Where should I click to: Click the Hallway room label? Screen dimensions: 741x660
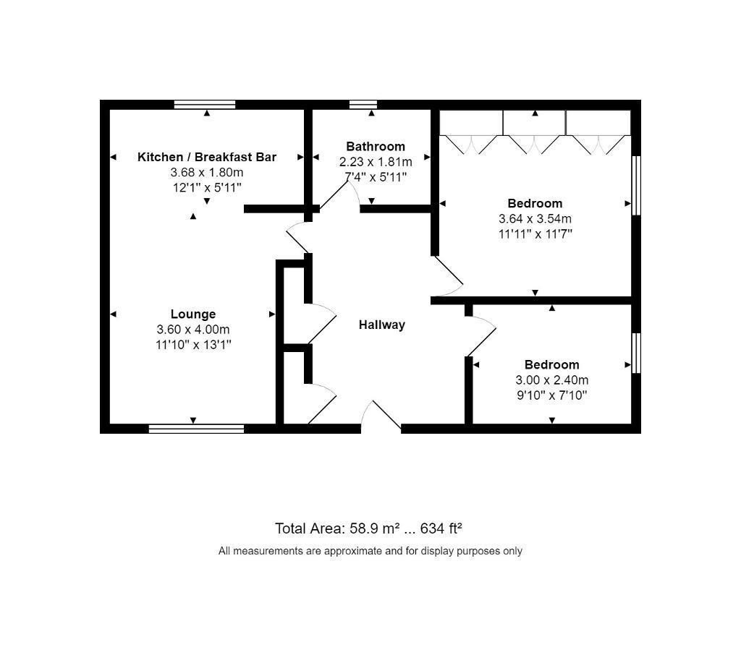pyautogui.click(x=382, y=325)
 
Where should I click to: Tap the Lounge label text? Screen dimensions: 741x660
pyautogui.click(x=193, y=314)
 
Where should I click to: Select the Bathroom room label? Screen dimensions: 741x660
pyautogui.click(x=376, y=146)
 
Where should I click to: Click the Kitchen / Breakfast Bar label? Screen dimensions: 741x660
pyautogui.click(x=207, y=157)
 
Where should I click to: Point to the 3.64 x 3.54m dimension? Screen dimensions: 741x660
pyautogui.click(x=535, y=218)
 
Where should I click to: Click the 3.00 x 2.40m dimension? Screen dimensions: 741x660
pyautogui.click(x=552, y=380)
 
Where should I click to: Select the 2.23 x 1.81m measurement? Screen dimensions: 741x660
pyautogui.click(x=376, y=162)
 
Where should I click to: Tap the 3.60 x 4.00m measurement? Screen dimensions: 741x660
pyautogui.click(x=193, y=330)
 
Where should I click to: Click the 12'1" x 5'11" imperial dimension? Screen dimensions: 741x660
pyautogui.click(x=207, y=188)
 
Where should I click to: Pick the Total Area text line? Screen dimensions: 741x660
pyautogui.click(x=368, y=528)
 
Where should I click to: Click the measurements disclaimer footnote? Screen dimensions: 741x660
pyautogui.click(x=370, y=551)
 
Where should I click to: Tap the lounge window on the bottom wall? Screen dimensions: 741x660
pyautogui.click(x=197, y=429)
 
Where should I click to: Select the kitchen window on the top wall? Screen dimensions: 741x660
pyautogui.click(x=205, y=104)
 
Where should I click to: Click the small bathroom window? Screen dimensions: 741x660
pyautogui.click(x=363, y=104)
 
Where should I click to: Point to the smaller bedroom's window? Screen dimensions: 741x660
pyautogui.click(x=637, y=353)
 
